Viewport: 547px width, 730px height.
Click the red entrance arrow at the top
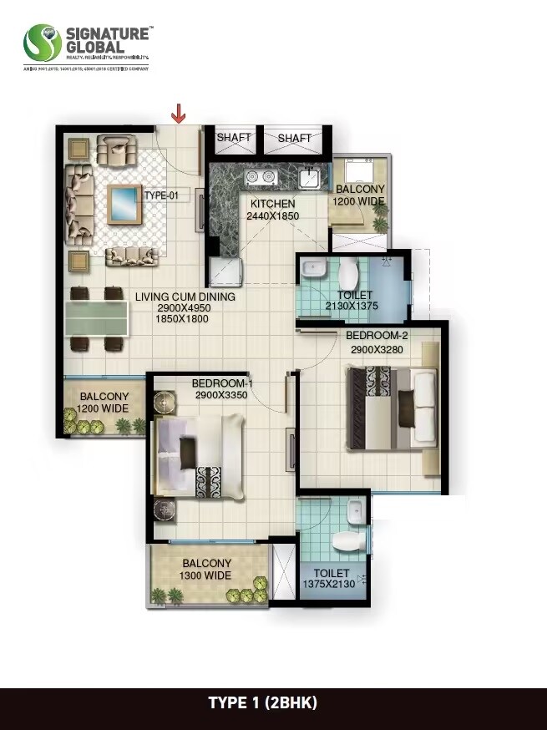[x=178, y=113]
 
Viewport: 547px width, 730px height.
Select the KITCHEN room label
[x=272, y=204]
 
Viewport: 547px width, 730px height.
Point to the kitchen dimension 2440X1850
[x=272, y=216]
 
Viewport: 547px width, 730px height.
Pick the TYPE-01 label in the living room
[x=162, y=195]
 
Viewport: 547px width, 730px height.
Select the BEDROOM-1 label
[x=222, y=383]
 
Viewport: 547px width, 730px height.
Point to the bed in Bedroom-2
[x=393, y=408]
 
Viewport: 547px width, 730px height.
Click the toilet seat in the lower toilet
[x=347, y=542]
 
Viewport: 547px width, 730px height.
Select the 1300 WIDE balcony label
[x=206, y=575]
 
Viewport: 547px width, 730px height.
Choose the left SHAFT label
[x=234, y=138]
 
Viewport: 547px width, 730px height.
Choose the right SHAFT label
[x=295, y=138]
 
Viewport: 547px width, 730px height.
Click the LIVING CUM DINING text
[x=185, y=297]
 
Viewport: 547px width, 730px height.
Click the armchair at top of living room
[x=114, y=151]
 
